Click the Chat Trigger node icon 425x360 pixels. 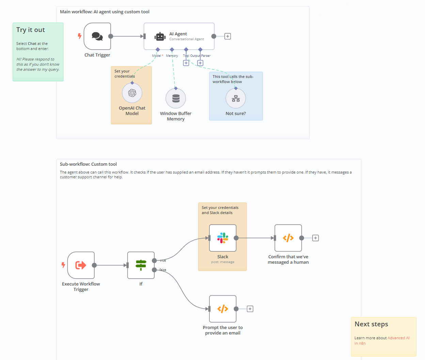tap(97, 36)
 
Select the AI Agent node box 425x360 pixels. tap(179, 36)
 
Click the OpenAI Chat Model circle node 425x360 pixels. tap(132, 93)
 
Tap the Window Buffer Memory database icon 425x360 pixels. tap(176, 98)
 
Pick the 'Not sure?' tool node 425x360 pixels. tap(236, 99)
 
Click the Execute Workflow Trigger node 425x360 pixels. tap(81, 265)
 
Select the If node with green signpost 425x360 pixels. tap(141, 265)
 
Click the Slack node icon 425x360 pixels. tap(223, 238)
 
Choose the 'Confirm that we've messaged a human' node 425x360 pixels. tap(288, 238)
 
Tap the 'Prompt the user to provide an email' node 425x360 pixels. tap(223, 309)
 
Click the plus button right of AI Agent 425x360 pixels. tap(228, 36)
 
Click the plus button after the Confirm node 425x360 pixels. tap(316, 238)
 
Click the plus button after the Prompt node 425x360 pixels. tap(250, 309)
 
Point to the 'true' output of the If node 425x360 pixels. tap(154, 261)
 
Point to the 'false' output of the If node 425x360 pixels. tap(154, 270)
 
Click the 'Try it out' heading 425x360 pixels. tap(31, 30)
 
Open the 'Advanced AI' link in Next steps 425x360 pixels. tap(398, 338)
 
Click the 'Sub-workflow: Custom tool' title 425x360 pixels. tap(88, 164)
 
